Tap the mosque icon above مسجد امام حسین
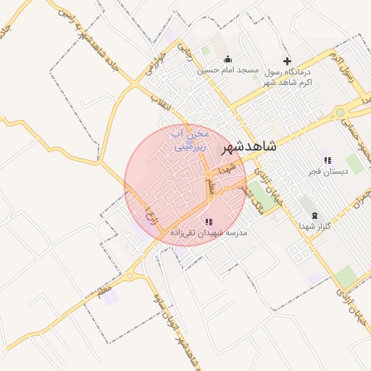[229, 59]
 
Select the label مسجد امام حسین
[229, 70]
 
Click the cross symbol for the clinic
[287, 61]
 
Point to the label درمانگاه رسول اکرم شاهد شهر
[287, 78]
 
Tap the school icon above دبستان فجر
[327, 160]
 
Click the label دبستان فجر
[327, 172]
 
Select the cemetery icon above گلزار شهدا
[314, 215]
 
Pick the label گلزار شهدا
[314, 227]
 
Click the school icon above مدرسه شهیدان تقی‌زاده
[209, 222]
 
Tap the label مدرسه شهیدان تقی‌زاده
[209, 233]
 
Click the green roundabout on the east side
[340, 112]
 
